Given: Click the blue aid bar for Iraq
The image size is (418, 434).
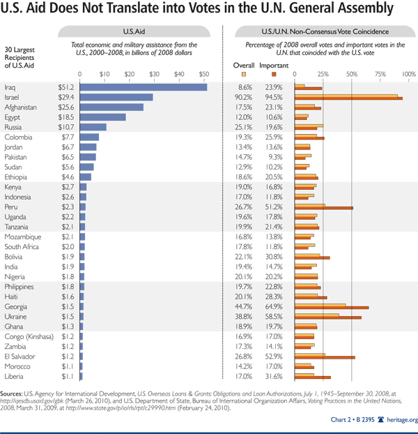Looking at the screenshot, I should click(x=144, y=87).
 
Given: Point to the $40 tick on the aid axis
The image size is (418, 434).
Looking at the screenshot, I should click(x=179, y=73).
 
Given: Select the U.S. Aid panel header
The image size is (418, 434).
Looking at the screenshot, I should click(x=134, y=32).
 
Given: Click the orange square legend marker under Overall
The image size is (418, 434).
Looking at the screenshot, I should click(x=244, y=73).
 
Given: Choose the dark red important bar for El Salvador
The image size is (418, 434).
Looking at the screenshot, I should click(x=325, y=358).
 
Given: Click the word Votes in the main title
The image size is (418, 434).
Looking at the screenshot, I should click(x=201, y=11).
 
